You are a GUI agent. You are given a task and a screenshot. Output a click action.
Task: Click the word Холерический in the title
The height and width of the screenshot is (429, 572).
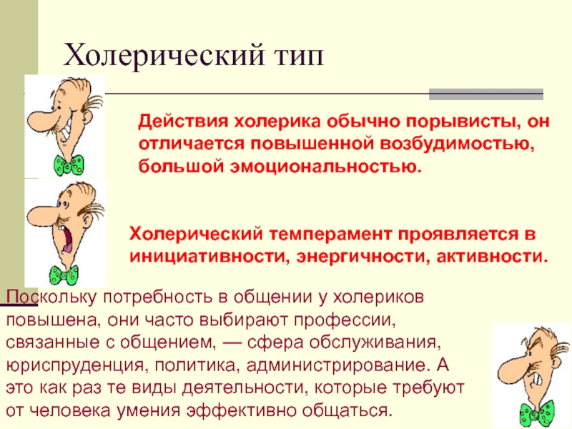(164, 56)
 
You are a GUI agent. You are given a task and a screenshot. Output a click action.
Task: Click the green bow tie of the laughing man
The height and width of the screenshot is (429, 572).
(69, 165)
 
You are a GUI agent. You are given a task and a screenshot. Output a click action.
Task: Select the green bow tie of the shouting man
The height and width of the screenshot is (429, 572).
(64, 276)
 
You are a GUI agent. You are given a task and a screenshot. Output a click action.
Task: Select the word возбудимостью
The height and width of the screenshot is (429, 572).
(457, 144)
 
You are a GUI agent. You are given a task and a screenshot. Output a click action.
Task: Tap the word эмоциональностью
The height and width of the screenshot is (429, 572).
(325, 167)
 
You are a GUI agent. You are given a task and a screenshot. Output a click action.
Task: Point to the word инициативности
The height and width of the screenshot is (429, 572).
(207, 257)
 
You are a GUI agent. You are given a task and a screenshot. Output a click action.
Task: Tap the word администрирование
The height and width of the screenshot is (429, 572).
(336, 365)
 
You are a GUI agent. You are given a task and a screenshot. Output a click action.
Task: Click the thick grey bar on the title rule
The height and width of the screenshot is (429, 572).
(486, 94)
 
